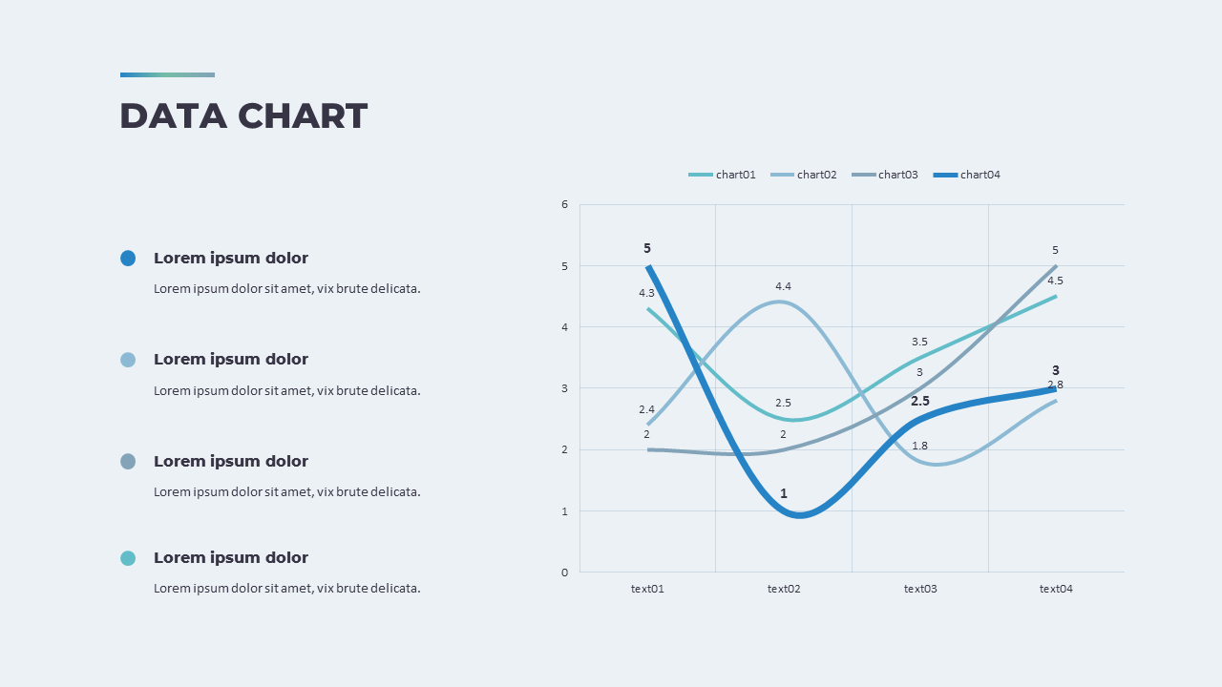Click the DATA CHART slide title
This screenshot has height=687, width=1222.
coord(243,116)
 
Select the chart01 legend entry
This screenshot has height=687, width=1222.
coord(723,175)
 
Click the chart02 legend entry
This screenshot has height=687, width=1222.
coord(804,175)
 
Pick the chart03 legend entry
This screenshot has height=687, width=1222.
coord(885,175)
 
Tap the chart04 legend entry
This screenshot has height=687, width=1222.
coord(967,175)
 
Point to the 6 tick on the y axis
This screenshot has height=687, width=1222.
coord(564,204)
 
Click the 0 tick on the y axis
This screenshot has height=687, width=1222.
coord(564,572)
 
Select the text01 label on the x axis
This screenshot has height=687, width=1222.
coord(647,589)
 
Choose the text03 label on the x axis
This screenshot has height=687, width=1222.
coord(920,589)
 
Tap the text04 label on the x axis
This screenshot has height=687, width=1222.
coord(1056,589)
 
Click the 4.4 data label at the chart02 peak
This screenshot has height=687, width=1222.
coord(783,286)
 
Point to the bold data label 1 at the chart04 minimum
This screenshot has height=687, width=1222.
coord(784,493)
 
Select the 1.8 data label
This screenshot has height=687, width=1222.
coord(919,446)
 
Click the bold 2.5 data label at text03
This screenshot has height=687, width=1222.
coord(919,402)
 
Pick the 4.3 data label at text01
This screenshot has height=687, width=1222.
coord(646,293)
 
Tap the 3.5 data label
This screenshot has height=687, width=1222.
coord(919,342)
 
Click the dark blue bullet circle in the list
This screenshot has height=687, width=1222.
coord(128,259)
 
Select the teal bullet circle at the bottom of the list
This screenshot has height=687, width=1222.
coord(128,558)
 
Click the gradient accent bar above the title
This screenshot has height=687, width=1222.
coord(167,74)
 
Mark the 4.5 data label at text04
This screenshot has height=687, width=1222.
coord(1055,281)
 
